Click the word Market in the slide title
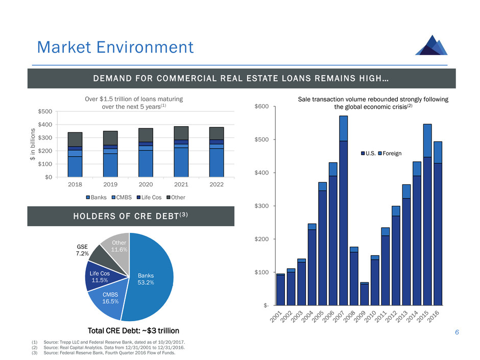[x=66, y=47]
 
